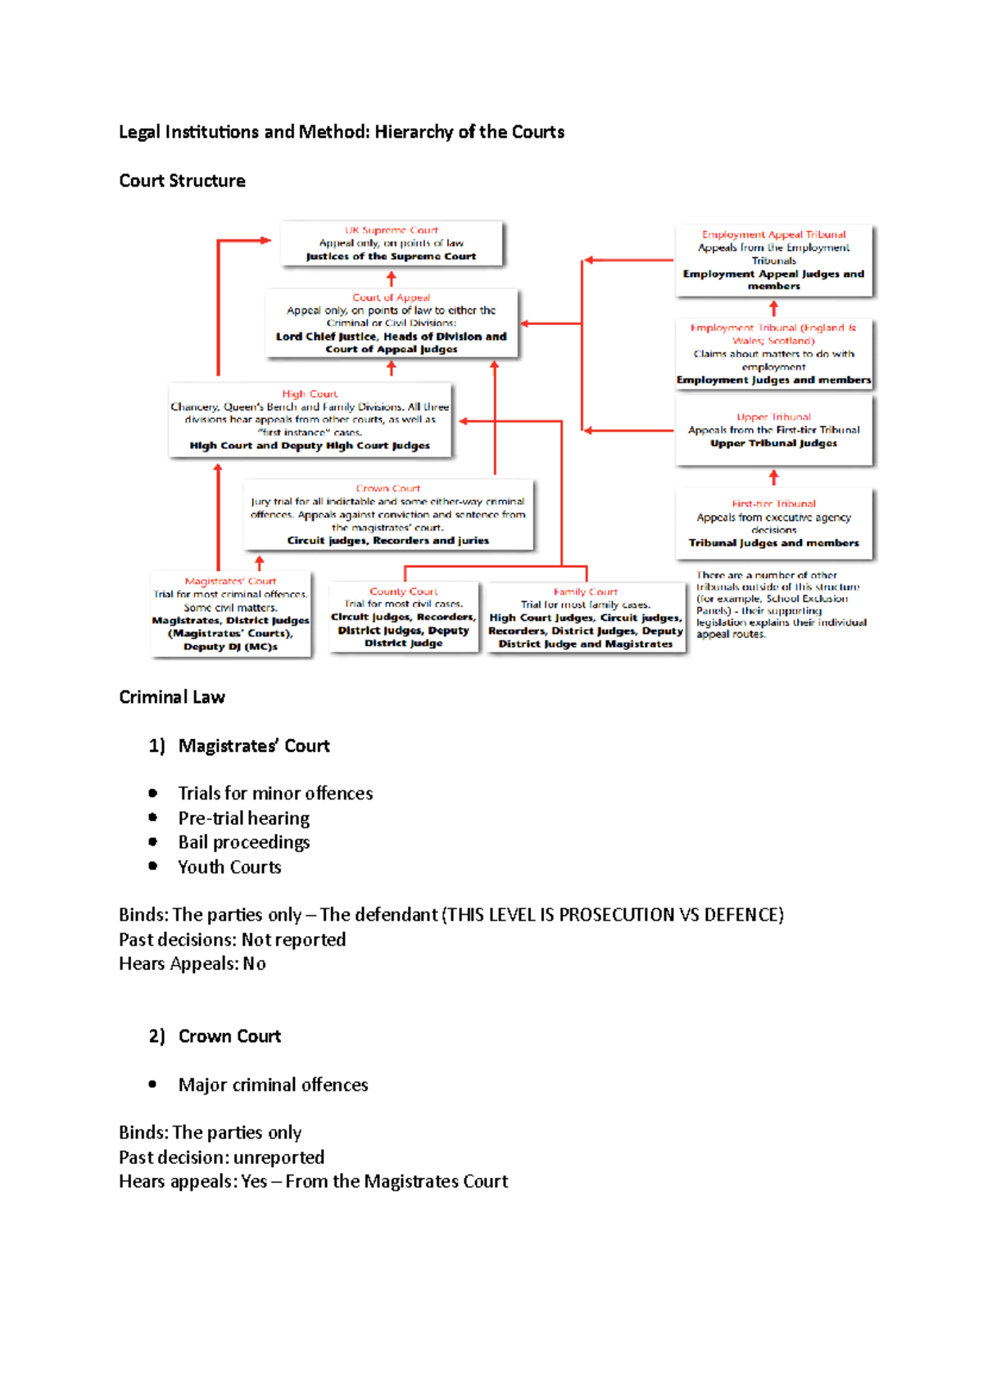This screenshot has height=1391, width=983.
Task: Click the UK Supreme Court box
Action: pos(392,243)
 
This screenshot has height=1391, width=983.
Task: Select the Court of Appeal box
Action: pos(392,324)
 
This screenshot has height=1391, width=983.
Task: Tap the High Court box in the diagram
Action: pos(310,419)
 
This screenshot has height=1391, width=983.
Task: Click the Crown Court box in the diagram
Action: pos(388,514)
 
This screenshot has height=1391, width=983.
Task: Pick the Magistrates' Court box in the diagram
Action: pos(231,614)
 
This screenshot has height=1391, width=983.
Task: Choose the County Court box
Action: pos(404,618)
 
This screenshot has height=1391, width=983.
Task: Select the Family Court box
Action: pos(586,618)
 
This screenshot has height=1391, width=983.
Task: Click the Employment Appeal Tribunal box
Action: pos(774,261)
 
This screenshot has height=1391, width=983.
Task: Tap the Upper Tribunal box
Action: pos(774,431)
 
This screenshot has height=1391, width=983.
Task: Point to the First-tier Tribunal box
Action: pos(774,524)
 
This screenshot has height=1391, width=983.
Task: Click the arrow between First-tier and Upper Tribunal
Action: pos(774,478)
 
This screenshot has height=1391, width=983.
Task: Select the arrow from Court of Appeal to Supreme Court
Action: pos(392,279)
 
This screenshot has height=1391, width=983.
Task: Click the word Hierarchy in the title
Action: pos(414,132)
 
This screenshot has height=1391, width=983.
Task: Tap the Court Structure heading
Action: pos(182,181)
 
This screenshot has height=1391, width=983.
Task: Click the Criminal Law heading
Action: pos(172,697)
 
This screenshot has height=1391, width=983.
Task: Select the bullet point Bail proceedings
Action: pos(244,842)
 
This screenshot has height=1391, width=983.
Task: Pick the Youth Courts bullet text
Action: pos(229,867)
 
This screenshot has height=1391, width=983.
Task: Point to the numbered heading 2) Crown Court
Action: pos(215,1036)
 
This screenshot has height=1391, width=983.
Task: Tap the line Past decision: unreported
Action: pos(221,1158)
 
